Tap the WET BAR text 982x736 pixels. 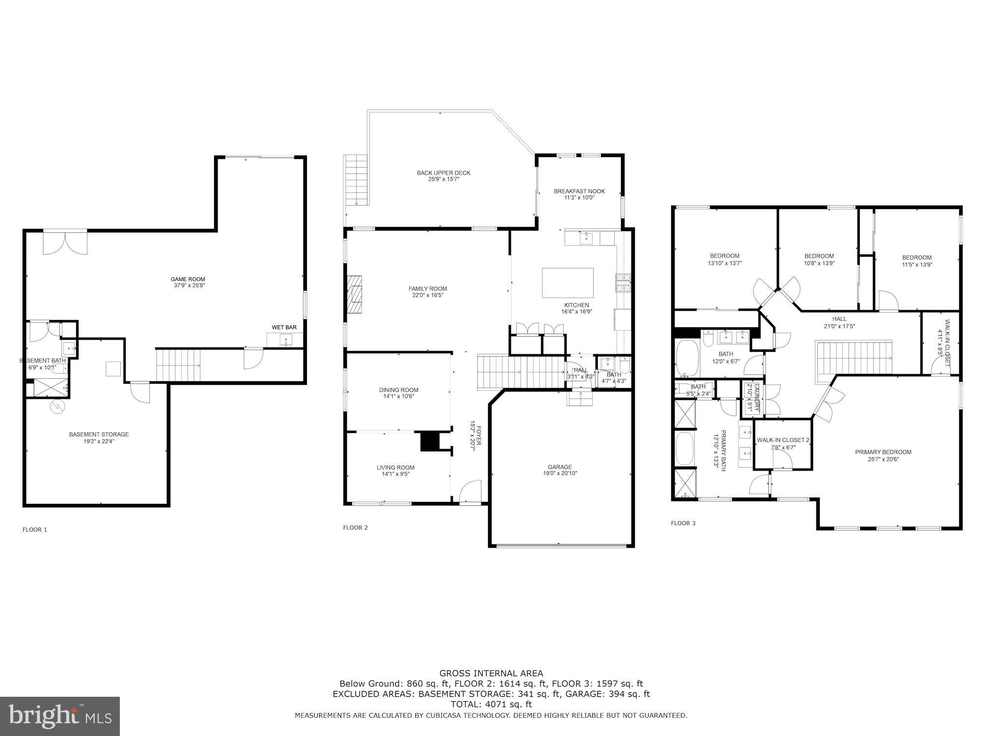(x=284, y=327)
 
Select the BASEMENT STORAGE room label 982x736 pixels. (x=99, y=434)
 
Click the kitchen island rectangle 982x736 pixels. (x=567, y=283)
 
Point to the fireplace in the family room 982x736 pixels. (x=355, y=294)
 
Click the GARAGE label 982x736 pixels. (x=560, y=467)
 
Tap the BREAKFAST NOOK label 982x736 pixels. (x=579, y=191)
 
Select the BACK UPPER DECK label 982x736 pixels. (x=443, y=173)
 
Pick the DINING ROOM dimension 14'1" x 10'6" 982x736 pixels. (x=398, y=396)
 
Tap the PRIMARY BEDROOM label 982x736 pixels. (x=883, y=452)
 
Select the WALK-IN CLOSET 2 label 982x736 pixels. (x=783, y=440)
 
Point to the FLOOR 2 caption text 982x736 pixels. (x=355, y=527)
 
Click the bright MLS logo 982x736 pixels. (x=59, y=716)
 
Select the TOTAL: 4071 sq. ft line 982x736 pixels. (x=491, y=704)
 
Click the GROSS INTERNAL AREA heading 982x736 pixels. (x=491, y=673)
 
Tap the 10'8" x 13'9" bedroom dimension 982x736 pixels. (x=819, y=263)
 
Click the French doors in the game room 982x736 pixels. (x=65, y=242)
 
